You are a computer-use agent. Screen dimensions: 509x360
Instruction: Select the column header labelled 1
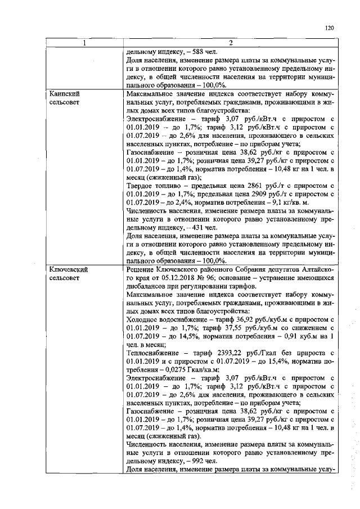84,43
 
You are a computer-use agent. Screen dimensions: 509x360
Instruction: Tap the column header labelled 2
230,43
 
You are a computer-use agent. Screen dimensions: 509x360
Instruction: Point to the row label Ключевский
67,270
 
